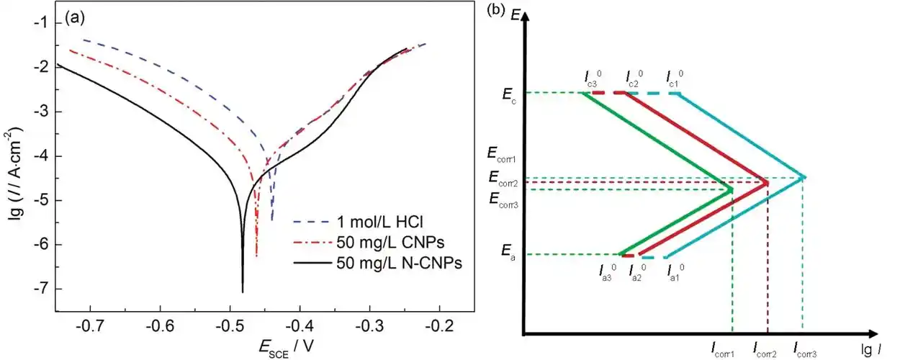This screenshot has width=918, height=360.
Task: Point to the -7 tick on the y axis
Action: click(42, 289)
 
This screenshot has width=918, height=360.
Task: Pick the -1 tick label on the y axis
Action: click(42, 23)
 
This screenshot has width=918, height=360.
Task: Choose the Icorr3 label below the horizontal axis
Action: click(806, 351)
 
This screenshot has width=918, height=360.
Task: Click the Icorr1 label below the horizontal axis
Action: click(724, 351)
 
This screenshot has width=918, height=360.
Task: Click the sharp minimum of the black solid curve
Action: click(243, 292)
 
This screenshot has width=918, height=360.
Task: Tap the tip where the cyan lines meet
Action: click(805, 177)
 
